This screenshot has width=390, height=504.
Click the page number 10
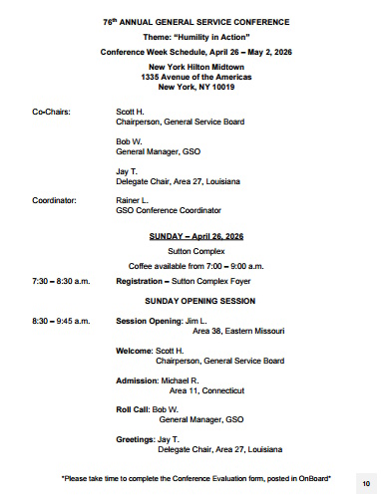pos(366,483)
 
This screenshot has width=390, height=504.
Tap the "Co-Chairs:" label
pos(51,113)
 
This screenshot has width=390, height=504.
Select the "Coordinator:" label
pos(54,200)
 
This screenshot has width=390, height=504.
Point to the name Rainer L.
pos(133,200)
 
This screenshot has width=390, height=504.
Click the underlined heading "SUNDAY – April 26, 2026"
pos(196,237)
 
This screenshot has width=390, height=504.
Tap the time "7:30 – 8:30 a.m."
pos(61,282)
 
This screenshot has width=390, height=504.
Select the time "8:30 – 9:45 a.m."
pos(61,321)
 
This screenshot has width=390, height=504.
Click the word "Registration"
pos(140,282)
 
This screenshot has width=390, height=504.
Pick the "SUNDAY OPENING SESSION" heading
pos(195,300)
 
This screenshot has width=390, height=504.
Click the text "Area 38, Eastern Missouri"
pos(238,331)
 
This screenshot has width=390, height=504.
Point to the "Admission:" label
pos(137,379)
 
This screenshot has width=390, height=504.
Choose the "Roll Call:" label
pos(133,409)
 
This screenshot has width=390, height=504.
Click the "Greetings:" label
pos(135,438)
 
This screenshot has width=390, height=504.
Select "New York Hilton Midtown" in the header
pos(195,65)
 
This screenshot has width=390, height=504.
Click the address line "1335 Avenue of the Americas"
pos(195,76)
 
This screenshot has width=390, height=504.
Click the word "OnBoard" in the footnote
pos(311,478)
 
